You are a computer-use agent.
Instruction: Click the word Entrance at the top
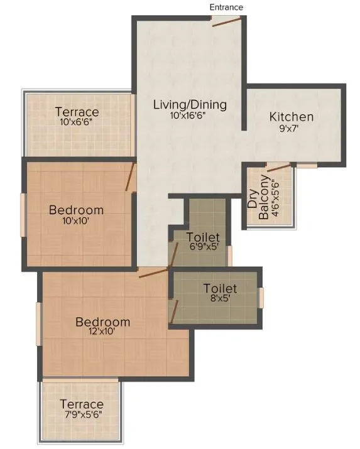[226, 7]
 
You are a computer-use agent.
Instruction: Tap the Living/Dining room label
[190, 104]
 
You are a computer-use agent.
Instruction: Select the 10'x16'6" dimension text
[190, 116]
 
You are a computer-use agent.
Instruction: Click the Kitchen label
[292, 117]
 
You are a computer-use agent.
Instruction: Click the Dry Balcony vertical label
[259, 198]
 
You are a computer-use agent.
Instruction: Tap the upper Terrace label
[77, 112]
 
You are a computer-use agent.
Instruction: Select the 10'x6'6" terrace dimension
[77, 122]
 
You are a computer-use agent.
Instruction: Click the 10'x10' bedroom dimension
[76, 220]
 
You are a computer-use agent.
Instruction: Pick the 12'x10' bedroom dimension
[103, 333]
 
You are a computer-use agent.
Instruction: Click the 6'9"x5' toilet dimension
[204, 248]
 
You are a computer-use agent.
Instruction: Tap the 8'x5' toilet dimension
[220, 300]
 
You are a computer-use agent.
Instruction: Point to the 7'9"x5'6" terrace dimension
[82, 415]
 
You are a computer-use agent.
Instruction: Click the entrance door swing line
[226, 22]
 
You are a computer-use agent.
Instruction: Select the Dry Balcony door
[279, 166]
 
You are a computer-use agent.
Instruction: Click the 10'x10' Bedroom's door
[131, 176]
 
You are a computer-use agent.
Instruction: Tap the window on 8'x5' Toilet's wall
[261, 296]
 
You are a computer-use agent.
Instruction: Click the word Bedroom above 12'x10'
[103, 322]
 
